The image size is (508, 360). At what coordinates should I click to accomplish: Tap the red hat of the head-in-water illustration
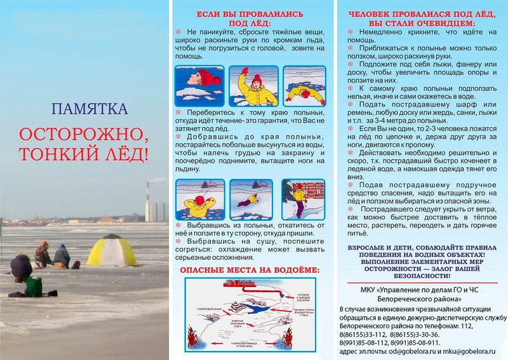pos(208,78)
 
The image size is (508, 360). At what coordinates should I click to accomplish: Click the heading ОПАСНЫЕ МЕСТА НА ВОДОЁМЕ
pos(250,271)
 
